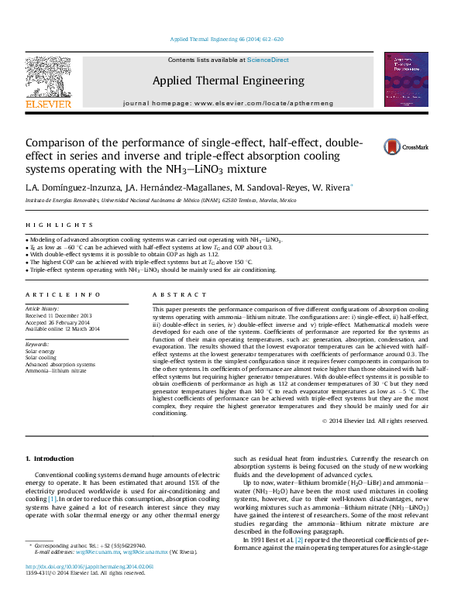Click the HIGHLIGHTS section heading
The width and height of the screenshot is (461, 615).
pyautogui.click(x=48, y=225)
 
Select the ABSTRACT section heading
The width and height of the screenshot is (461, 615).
pyautogui.click(x=174, y=295)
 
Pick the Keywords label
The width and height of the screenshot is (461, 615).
pyautogui.click(x=38, y=343)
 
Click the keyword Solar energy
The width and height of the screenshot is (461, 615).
pyautogui.click(x=40, y=351)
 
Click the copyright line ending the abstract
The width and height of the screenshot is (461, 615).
pyautogui.click(x=375, y=421)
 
